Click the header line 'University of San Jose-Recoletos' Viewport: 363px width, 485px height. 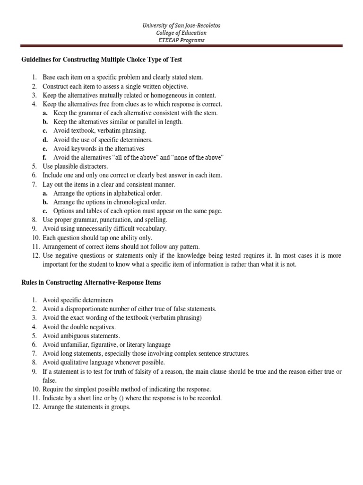point(181,25)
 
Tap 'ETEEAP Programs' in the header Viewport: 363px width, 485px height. point(181,40)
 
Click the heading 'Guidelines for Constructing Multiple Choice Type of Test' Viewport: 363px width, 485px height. point(102,60)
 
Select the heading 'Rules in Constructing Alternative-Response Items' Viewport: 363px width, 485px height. point(91,282)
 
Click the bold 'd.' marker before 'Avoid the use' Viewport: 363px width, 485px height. point(45,140)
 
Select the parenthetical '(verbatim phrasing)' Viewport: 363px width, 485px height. point(175,318)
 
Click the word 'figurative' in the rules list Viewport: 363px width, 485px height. point(106,345)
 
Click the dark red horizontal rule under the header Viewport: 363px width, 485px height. point(181,46)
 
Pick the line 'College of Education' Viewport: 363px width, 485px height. point(181,33)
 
